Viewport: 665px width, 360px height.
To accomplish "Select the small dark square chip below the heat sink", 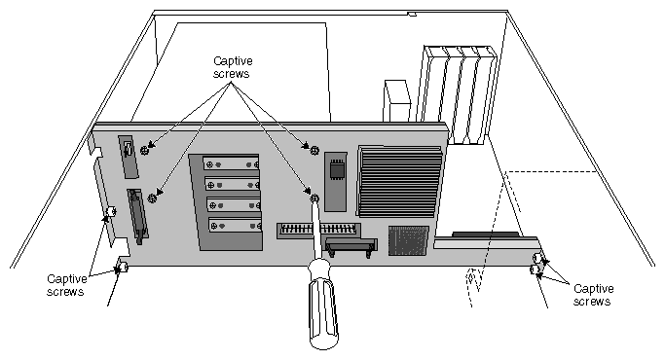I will pos(407,240).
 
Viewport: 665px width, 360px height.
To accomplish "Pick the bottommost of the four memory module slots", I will pos(234,223).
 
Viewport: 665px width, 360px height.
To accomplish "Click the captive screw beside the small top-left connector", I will pos(145,151).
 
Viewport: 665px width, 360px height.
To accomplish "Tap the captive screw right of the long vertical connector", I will pos(153,198).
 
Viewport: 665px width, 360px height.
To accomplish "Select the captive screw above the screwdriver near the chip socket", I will pos(312,148).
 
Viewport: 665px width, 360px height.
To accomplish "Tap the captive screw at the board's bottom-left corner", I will pos(121,266).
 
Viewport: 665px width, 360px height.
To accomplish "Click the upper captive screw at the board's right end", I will pos(537,257).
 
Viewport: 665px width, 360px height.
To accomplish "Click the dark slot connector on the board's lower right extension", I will pos(485,235).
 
